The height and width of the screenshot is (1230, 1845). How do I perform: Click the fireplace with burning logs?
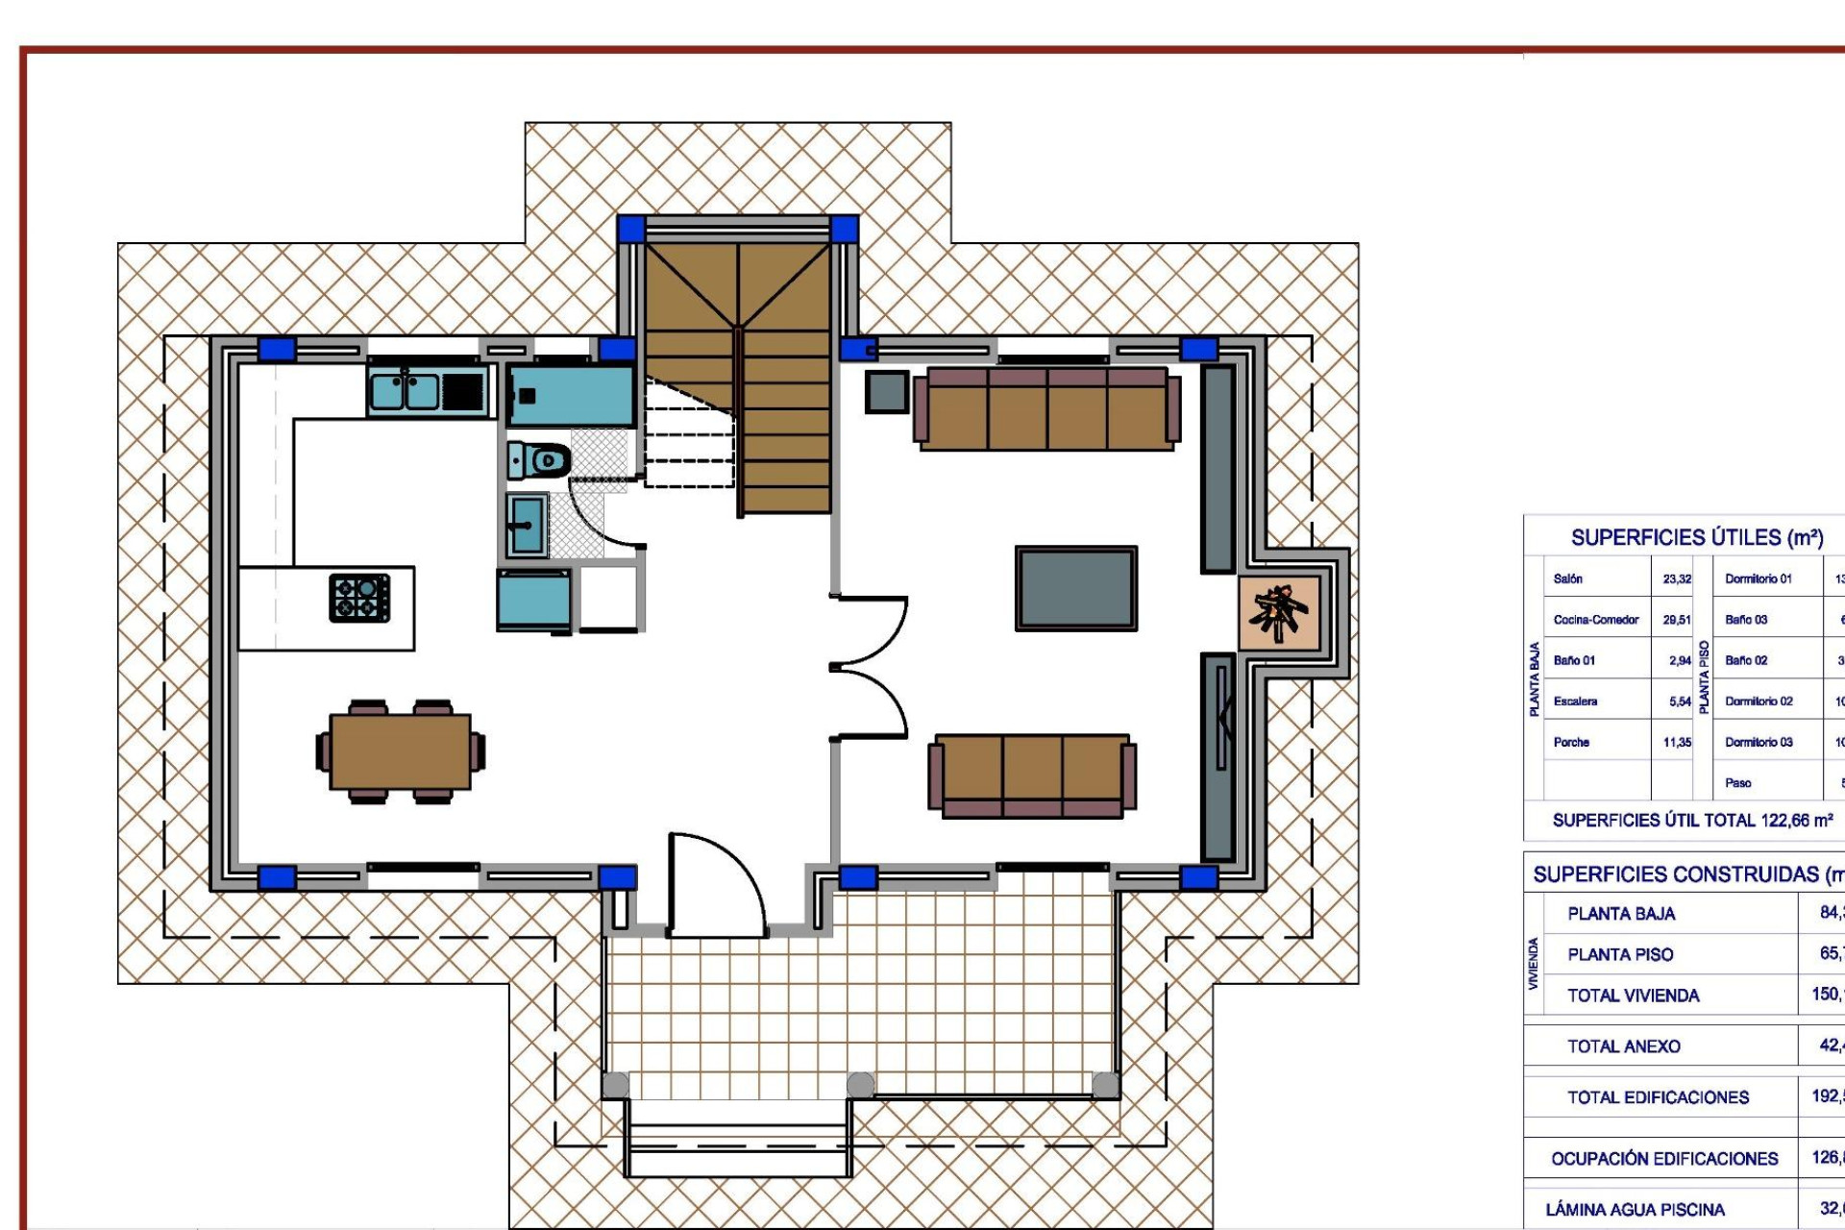pos(1278,611)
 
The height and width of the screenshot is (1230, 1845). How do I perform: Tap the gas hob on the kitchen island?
pos(359,598)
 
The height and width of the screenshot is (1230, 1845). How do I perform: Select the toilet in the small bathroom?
pos(540,460)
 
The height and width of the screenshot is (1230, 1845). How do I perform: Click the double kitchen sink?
pos(405,391)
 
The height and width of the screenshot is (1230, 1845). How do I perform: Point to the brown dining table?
pos(401,751)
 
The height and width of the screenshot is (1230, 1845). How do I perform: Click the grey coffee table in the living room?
pos(1076,588)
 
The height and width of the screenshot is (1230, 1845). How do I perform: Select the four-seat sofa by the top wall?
pos(1046,408)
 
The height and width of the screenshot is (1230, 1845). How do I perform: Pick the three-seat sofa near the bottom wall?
pos(1032,775)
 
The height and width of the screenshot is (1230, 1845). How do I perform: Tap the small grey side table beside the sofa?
pos(886,392)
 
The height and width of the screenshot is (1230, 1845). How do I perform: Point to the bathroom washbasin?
pos(527,525)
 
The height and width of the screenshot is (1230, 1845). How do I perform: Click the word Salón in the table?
pos(1567,578)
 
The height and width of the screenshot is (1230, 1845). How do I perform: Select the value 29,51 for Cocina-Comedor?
pos(1677,620)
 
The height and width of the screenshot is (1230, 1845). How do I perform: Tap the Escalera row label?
pos(1575,701)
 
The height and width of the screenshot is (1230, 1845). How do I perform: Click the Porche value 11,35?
pos(1677,742)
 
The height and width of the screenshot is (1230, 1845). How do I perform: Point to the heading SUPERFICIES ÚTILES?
pos(1696,537)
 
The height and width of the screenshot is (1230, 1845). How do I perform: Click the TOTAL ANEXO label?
pos(1623,1046)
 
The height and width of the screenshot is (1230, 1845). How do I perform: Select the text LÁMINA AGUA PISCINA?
pos(1635,1209)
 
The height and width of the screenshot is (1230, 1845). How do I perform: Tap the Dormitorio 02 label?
pos(1759,701)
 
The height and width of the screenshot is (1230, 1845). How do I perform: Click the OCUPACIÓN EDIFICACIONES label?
pos(1663,1159)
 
